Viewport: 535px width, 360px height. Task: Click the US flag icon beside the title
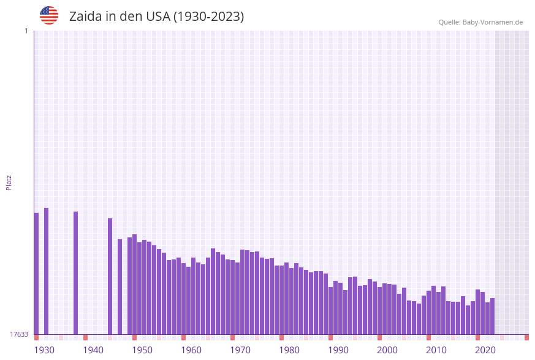[x=49, y=15]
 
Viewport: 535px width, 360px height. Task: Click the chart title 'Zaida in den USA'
[x=156, y=17]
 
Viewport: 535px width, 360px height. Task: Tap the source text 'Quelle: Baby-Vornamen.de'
[x=480, y=22]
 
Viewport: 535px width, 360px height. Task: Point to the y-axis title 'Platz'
[x=9, y=182]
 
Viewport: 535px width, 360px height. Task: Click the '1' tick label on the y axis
[x=26, y=31]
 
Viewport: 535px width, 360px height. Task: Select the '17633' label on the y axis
[x=19, y=334]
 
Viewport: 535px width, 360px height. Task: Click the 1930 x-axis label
[x=44, y=350]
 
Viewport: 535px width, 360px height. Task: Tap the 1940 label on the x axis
[x=93, y=350]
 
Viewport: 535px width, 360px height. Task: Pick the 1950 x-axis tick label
[x=142, y=350]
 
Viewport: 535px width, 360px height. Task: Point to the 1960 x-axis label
[x=191, y=350]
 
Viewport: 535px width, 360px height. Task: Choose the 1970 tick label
[x=240, y=350]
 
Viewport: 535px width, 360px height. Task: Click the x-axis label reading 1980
[x=289, y=350]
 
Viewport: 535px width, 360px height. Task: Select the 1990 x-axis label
[x=338, y=350]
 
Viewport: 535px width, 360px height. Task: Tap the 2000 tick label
[x=387, y=350]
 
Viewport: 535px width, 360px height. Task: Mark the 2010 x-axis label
[x=436, y=350]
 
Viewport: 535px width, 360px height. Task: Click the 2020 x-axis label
[x=485, y=350]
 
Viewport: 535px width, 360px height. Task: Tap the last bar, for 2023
[x=492, y=316]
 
